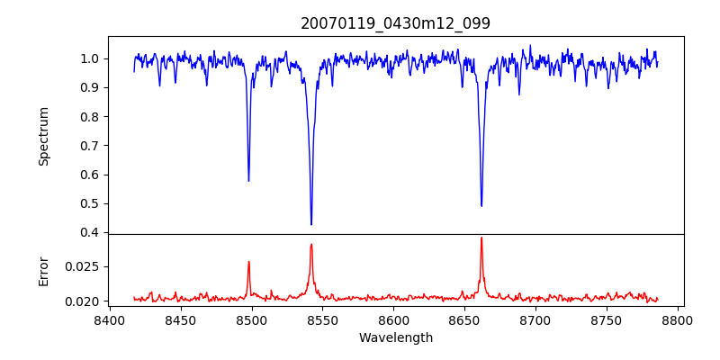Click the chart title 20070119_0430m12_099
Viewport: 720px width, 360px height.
coord(395,23)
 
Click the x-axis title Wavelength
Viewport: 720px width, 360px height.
coord(395,338)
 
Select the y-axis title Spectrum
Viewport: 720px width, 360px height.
coord(44,136)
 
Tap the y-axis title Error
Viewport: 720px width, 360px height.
coord(44,271)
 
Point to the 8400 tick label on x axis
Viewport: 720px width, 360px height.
coord(109,320)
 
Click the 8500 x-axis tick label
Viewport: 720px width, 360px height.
coord(251,320)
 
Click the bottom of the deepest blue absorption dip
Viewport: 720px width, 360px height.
coord(311,225)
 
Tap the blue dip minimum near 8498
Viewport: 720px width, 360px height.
coord(248,181)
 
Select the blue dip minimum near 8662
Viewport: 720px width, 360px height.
coord(481,206)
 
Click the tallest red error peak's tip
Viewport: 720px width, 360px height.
coord(481,238)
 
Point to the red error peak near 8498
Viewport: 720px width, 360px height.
coord(248,262)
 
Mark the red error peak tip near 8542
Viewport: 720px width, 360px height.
coord(311,244)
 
